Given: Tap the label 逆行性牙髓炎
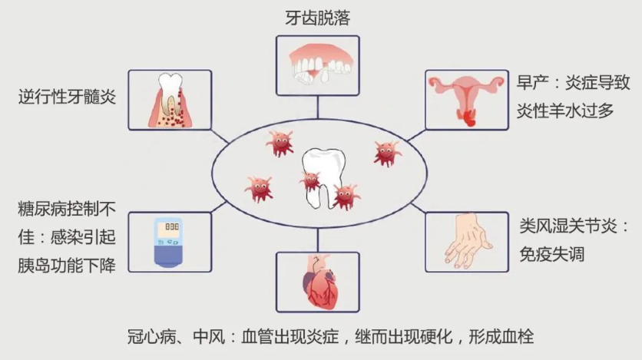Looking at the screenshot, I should click(68, 97).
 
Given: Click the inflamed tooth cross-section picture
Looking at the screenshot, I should click(169, 99).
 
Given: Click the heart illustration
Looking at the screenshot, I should click(317, 280).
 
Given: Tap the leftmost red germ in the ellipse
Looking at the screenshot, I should click(259, 187).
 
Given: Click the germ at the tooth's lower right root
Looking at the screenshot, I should click(346, 196).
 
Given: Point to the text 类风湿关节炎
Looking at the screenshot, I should click(574, 227).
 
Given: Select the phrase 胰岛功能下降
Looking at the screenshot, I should click(66, 266).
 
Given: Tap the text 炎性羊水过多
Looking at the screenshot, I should click(567, 110).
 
